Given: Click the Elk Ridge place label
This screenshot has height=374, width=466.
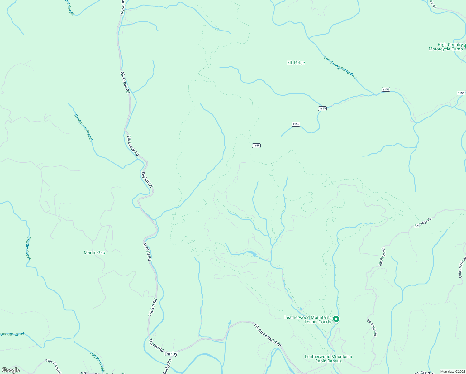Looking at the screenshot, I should coord(296,63).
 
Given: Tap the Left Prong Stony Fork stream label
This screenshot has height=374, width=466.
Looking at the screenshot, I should coord(340,68).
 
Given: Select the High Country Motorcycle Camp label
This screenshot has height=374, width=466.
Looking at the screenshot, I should coord(445,47).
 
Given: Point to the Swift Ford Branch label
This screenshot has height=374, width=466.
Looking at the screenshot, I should coord(83,128).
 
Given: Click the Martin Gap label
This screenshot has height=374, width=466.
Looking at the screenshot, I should coord(94,253).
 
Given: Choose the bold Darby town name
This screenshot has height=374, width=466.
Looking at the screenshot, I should coord(171,354).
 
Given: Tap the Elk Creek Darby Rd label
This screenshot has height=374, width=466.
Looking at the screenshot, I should coord(268,335).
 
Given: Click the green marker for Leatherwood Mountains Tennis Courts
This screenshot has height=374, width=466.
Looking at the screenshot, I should coord(336,319).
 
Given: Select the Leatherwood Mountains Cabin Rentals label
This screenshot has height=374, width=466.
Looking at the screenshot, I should coord(328,359).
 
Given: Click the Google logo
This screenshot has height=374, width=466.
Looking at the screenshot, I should coord(11,370).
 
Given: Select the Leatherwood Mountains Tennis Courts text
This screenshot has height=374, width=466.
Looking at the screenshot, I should coord(308,320).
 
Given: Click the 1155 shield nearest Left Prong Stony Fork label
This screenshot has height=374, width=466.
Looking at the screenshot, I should coord(386,89).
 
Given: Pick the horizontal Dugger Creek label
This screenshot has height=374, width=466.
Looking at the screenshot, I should coord(12,334).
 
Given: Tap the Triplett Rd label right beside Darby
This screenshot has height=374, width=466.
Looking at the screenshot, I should coord(156,345).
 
